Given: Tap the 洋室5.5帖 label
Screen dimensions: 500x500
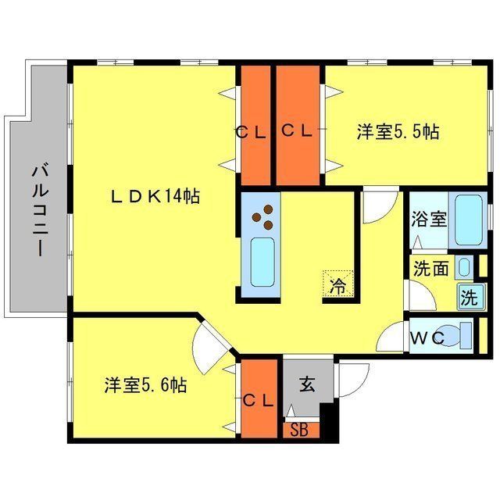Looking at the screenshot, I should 398,131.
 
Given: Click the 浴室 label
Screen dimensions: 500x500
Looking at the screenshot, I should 429,218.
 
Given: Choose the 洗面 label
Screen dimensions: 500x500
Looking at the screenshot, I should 430,269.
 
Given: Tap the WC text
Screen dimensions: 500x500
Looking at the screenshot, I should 427,337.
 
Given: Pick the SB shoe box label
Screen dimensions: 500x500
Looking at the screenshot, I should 299,429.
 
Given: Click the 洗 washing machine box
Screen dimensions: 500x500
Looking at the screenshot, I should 468,297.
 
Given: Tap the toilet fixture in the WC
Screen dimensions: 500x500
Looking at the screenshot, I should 457,336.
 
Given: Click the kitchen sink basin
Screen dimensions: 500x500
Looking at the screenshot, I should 262,263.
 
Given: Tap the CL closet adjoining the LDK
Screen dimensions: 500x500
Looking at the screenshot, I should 253,125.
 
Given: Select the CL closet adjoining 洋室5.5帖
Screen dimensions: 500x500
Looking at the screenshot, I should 297,125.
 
